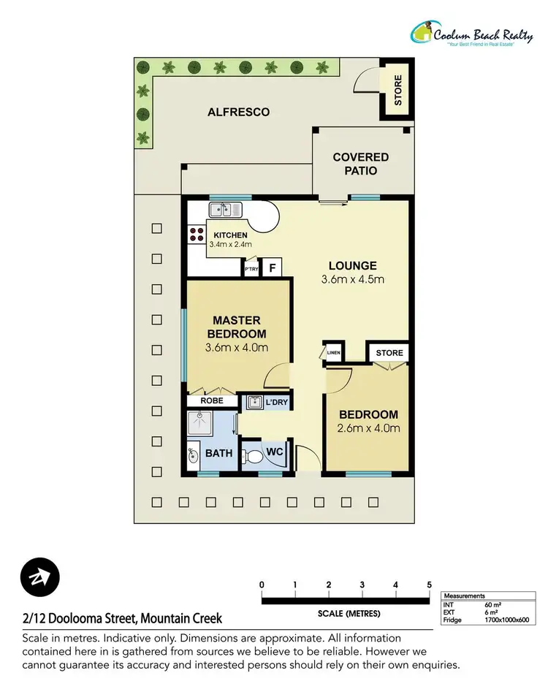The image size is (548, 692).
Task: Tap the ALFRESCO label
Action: point(238,112)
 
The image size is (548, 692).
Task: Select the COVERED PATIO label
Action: point(360,164)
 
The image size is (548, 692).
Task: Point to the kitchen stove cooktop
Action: point(197,235)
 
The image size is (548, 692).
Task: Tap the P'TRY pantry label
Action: point(251,270)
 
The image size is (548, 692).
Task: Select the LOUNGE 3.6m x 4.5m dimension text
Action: point(352,279)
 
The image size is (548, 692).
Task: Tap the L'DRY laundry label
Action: point(276,402)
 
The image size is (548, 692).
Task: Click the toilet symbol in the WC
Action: point(254,457)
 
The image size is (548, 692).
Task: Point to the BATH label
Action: point(218,453)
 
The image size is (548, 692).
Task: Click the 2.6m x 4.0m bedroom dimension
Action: point(368,428)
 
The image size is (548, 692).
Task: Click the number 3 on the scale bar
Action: point(362,585)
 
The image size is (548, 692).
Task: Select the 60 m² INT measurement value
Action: point(492,604)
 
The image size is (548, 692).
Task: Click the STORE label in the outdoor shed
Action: point(398,91)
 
